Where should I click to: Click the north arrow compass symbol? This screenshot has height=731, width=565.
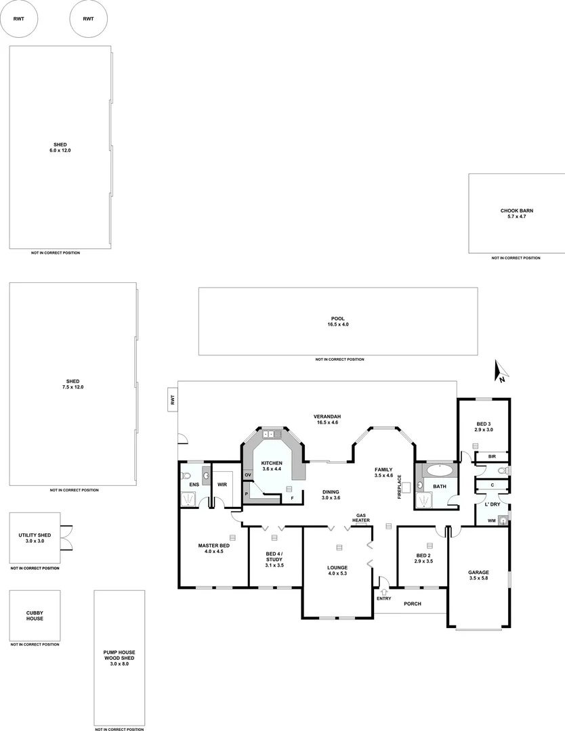pyautogui.click(x=501, y=372)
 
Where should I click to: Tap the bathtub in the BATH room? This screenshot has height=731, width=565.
pyautogui.click(x=441, y=469)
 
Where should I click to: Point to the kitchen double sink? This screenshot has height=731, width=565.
pyautogui.click(x=272, y=434)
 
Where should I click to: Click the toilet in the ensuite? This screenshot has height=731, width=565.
pyautogui.click(x=187, y=476)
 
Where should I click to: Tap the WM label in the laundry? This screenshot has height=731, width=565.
pyautogui.click(x=490, y=520)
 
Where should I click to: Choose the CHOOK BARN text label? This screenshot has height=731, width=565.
pyautogui.click(x=516, y=211)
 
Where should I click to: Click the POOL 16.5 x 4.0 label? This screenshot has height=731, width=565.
pyautogui.click(x=337, y=321)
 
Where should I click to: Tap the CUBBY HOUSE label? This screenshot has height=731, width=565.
pyautogui.click(x=35, y=615)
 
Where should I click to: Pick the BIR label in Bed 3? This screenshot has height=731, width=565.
pyautogui.click(x=491, y=457)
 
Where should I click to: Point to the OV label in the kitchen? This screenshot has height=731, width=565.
pyautogui.click(x=248, y=475)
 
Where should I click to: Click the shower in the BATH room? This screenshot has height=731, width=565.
pyautogui.click(x=425, y=500)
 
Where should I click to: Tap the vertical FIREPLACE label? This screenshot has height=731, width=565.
pyautogui.click(x=400, y=487)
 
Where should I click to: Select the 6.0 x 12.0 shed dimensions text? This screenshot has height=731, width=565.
pyautogui.click(x=62, y=150)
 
